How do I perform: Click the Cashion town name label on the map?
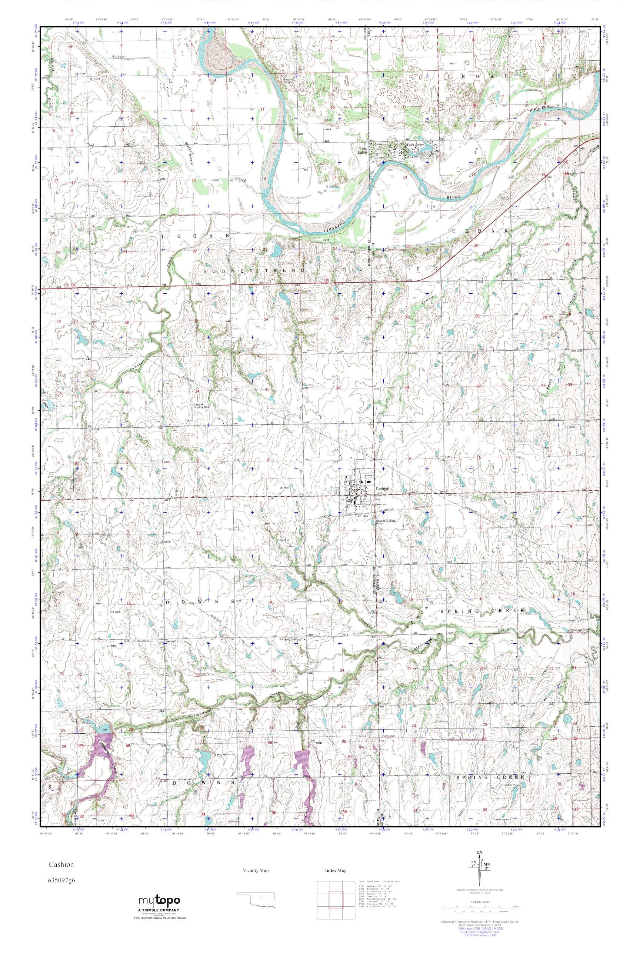[383, 489]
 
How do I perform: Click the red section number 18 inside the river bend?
[405, 177]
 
